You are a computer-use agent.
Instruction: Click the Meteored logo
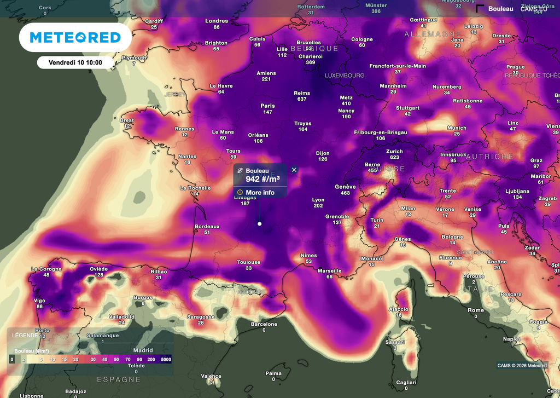coord(75,37)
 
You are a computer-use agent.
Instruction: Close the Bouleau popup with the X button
coord(294,170)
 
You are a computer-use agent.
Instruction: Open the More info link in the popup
coord(260,192)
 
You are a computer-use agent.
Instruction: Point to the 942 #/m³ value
coord(262,178)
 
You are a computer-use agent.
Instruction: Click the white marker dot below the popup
coord(259,223)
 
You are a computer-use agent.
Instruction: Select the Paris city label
coord(267,106)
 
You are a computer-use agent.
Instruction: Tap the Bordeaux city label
coord(207,226)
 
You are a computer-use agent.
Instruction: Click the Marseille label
coord(329,270)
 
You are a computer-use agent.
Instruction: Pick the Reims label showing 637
coord(302,93)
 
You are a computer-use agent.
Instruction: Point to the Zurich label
coord(394,152)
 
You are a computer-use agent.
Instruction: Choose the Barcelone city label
coord(264,324)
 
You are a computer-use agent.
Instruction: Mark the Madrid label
coord(143,350)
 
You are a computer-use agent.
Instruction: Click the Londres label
coord(217,21)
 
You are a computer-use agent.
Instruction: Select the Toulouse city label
coord(249,262)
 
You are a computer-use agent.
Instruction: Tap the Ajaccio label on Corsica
coord(399,309)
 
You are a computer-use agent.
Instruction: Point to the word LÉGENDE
coord(25,335)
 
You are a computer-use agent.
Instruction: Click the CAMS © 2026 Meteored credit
coord(522,366)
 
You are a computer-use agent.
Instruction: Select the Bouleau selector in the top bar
coord(500,9)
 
